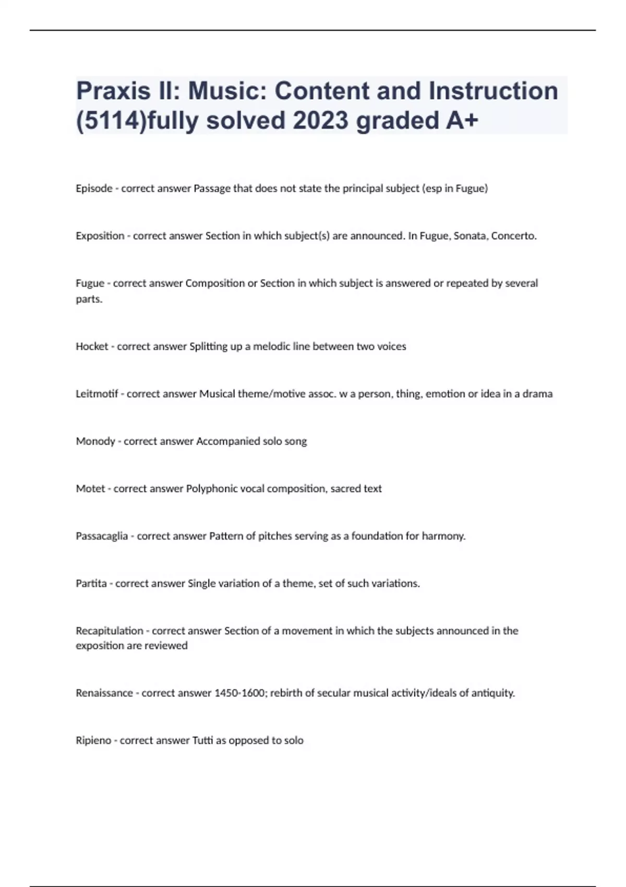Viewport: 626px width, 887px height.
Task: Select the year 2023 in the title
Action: point(320,121)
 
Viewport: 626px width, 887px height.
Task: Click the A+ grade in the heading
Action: point(462,121)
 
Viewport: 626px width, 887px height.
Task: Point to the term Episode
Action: point(94,188)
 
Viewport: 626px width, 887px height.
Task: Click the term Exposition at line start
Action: point(100,236)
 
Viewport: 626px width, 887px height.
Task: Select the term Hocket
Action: point(92,346)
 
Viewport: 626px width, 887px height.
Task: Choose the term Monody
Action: point(95,441)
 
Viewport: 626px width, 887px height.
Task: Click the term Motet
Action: point(90,489)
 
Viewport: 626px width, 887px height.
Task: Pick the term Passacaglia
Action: point(102,536)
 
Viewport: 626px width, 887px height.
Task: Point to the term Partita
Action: point(91,583)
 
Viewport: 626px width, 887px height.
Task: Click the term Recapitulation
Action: point(110,631)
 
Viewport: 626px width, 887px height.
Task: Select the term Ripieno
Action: point(93,740)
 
